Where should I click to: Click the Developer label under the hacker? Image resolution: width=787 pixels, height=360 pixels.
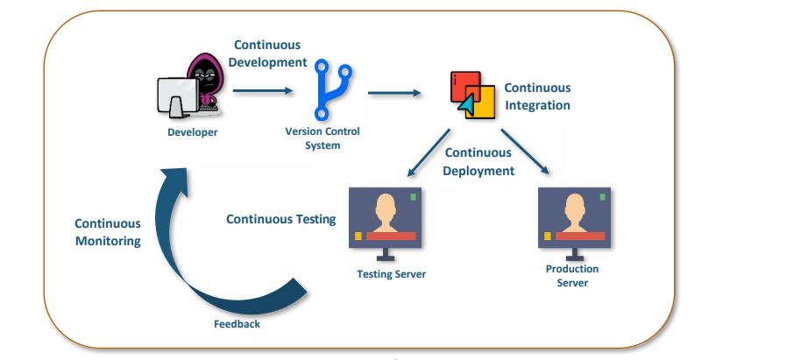coord(193,133)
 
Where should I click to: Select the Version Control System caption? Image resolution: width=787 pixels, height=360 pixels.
coord(323,138)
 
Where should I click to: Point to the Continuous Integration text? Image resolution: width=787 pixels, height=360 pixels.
coord(537,96)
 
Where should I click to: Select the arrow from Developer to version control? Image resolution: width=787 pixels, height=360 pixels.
coord(263,89)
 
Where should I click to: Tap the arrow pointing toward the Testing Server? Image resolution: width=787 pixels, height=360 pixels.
coord(429,152)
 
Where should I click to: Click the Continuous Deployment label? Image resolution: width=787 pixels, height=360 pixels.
coord(479,162)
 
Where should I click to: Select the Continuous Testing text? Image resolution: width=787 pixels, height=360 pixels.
coord(280,219)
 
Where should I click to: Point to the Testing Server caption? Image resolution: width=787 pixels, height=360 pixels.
coord(391,274)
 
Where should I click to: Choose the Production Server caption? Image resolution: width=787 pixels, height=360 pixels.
coord(572,276)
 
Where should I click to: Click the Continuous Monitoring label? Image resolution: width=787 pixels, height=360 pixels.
coord(108,232)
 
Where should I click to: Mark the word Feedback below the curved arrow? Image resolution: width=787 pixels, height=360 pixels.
coord(237,324)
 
